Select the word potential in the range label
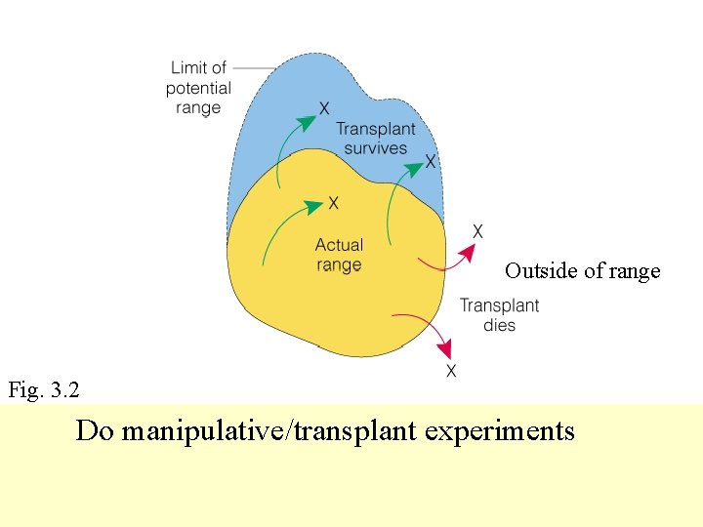click(198, 88)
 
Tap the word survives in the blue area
click(376, 148)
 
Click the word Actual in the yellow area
click(339, 245)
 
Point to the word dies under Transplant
click(499, 325)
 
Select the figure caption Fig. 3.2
click(44, 390)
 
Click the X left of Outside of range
click(477, 231)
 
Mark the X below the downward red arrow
click(451, 372)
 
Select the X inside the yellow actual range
click(334, 203)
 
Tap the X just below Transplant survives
click(431, 161)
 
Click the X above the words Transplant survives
click(323, 107)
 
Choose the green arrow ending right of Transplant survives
click(398, 195)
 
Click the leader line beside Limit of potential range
click(252, 67)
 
